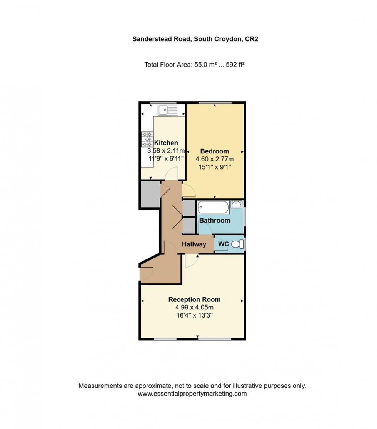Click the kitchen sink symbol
(168, 110)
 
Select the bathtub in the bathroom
(213, 208)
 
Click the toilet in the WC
(239, 244)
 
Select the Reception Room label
(194, 299)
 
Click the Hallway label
(194, 244)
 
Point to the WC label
(224, 244)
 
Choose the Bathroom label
(214, 220)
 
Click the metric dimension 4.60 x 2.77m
(215, 159)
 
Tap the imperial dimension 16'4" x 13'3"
(194, 316)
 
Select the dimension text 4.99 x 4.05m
(194, 308)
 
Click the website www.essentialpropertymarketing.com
(192, 394)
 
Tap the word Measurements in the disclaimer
(97, 386)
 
